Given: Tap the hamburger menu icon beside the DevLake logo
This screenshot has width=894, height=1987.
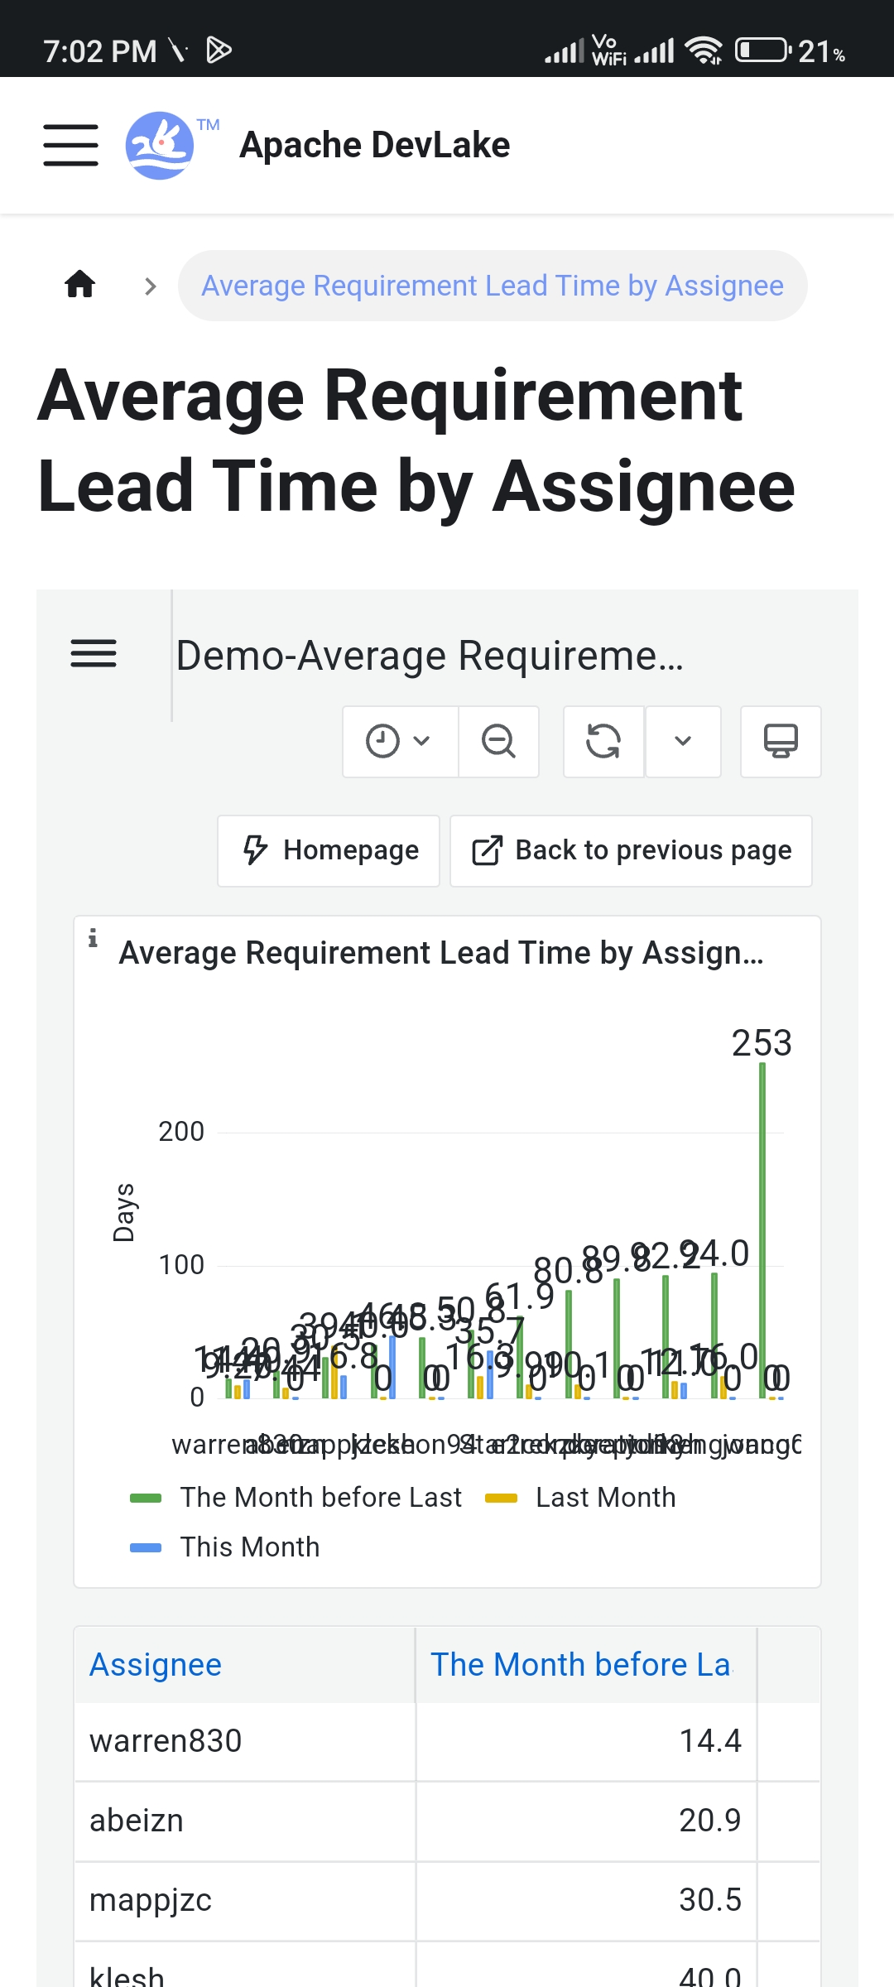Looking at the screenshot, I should pyautogui.click(x=71, y=146).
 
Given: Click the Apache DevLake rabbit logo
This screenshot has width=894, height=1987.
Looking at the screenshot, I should pyautogui.click(x=160, y=146).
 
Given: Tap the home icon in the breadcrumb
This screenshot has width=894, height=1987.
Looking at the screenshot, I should pyautogui.click(x=80, y=285).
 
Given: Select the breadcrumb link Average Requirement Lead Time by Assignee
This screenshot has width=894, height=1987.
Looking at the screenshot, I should pyautogui.click(x=493, y=286).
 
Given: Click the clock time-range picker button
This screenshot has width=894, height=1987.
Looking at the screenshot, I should pyautogui.click(x=399, y=741).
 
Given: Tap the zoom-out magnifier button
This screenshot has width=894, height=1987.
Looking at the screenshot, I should pyautogui.click(x=498, y=741).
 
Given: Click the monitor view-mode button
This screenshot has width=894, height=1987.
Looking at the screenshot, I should pyautogui.click(x=780, y=741).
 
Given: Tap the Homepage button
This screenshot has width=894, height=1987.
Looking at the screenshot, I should pyautogui.click(x=329, y=850).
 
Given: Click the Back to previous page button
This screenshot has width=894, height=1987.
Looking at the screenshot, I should pyautogui.click(x=631, y=850).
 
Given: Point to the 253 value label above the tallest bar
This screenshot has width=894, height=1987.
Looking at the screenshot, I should pyautogui.click(x=762, y=1043).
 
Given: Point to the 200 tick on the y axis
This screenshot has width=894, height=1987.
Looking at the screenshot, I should pyautogui.click(x=181, y=1132).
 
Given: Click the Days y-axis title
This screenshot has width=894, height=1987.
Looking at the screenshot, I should pyautogui.click(x=124, y=1213).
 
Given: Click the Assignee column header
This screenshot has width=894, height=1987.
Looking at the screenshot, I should pyautogui.click(x=156, y=1665).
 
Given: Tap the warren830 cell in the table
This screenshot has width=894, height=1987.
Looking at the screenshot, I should pyautogui.click(x=166, y=1741).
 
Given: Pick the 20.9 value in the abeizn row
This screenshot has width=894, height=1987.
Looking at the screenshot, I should pyautogui.click(x=709, y=1821).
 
